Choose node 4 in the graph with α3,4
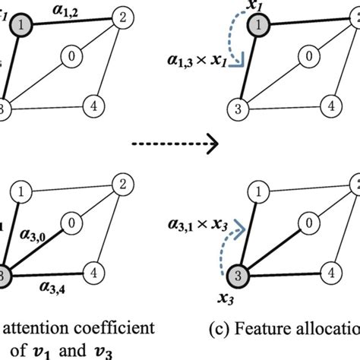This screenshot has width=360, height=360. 95,270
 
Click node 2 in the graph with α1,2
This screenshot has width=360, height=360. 121,16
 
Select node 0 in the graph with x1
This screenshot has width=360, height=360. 308,55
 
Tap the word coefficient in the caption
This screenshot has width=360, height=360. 106,330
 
